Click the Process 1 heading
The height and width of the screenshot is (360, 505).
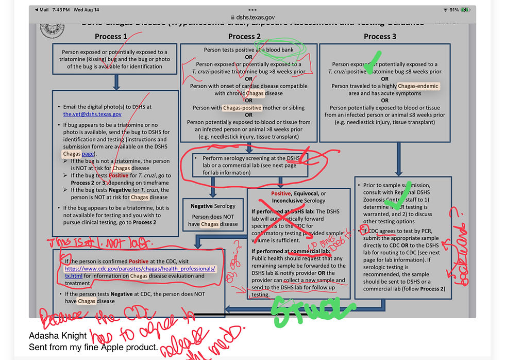click(x=111, y=37)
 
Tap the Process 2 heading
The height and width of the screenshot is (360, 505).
click(x=245, y=37)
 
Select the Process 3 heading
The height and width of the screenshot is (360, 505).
click(x=380, y=37)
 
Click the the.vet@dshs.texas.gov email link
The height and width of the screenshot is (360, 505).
click(x=93, y=114)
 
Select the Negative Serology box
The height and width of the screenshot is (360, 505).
click(x=213, y=215)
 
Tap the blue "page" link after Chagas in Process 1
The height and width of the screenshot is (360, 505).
click(x=88, y=154)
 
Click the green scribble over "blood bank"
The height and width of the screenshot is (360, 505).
click(x=282, y=50)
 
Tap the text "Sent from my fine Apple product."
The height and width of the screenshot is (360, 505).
click(x=93, y=347)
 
